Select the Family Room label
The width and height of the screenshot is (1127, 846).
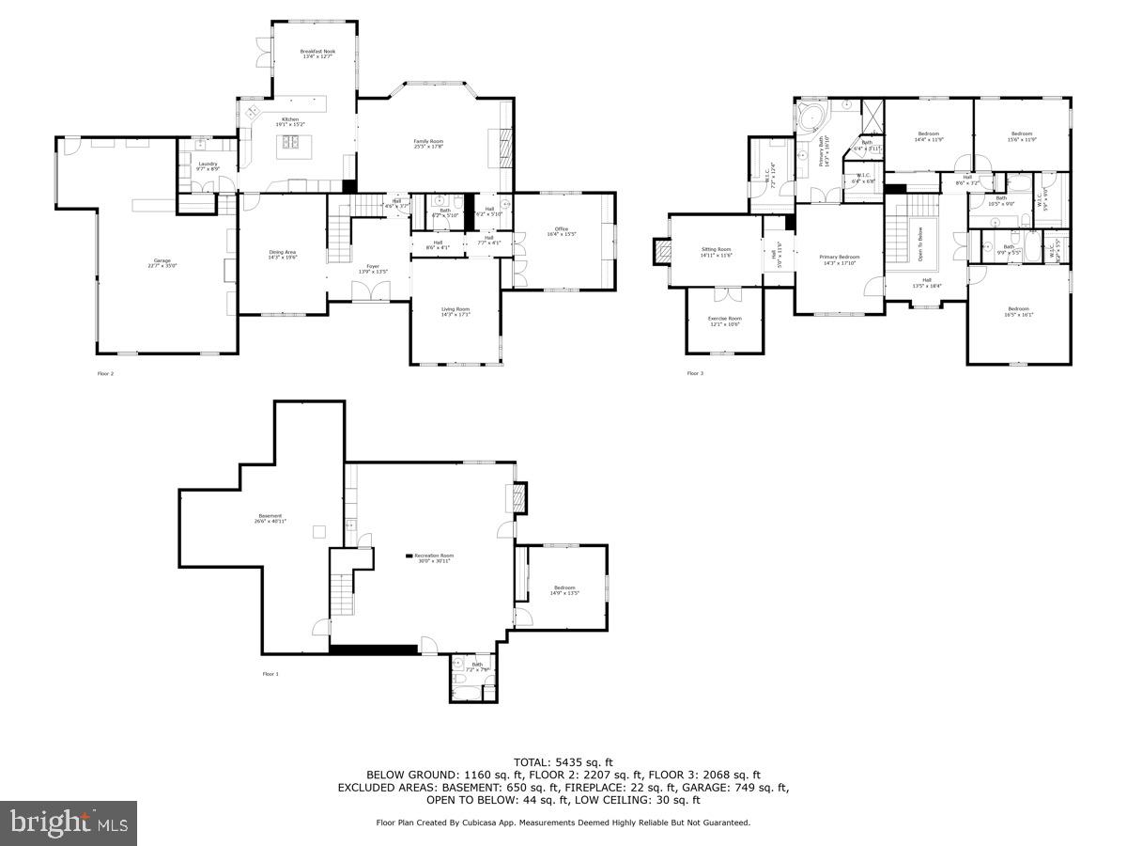pyautogui.click(x=427, y=144)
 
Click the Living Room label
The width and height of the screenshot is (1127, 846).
pyautogui.click(x=455, y=311)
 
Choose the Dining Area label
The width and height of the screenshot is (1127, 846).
pyautogui.click(x=283, y=254)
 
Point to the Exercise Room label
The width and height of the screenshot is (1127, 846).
pyautogui.click(x=724, y=321)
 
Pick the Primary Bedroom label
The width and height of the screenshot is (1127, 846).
pyautogui.click(x=839, y=259)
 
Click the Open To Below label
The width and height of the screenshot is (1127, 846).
pyautogui.click(x=919, y=243)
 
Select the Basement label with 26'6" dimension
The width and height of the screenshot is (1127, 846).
pyautogui.click(x=270, y=518)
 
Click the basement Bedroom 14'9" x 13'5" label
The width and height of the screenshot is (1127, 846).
pyautogui.click(x=564, y=590)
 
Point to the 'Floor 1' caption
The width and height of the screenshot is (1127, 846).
pyautogui.click(x=270, y=674)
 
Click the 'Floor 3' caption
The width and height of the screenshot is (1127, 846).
pyautogui.click(x=694, y=374)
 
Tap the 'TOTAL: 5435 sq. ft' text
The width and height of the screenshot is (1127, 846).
pyautogui.click(x=563, y=762)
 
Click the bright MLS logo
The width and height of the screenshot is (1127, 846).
pyautogui.click(x=69, y=823)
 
